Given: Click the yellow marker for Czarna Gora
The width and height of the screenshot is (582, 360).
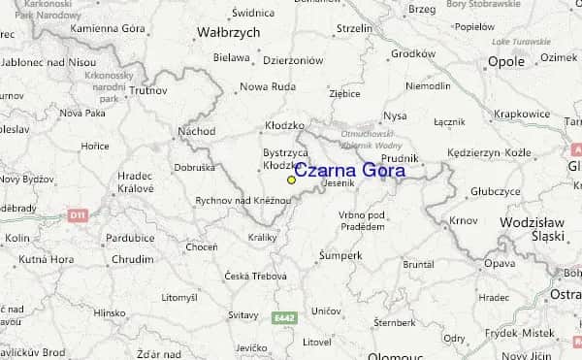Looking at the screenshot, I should (x=291, y=180).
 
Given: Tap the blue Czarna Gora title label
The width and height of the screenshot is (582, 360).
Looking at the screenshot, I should (x=350, y=171).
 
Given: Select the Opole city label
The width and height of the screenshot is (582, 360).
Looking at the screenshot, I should (x=505, y=61).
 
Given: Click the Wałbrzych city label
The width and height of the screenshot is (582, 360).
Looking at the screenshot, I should (x=229, y=32).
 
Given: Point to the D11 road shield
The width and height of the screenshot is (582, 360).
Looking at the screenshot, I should (x=79, y=213).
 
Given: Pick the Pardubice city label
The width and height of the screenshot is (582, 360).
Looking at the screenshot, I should (x=130, y=238).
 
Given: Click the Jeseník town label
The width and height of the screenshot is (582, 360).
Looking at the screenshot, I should (x=339, y=182).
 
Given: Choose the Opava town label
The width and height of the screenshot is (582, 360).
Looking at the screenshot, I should (x=500, y=263).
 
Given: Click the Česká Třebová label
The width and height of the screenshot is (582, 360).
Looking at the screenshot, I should (x=255, y=277).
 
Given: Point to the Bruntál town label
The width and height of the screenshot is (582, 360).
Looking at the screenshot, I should (x=418, y=263).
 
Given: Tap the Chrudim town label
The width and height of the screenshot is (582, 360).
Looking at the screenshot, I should (x=132, y=260).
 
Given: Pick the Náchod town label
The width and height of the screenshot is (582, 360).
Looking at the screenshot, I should (x=197, y=130).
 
